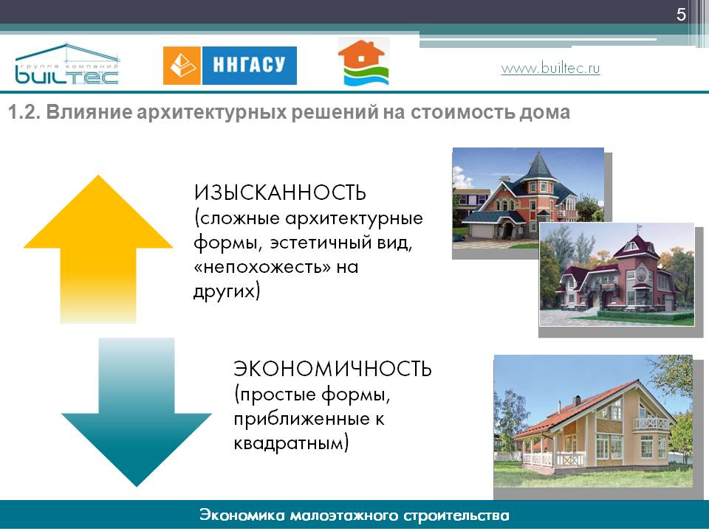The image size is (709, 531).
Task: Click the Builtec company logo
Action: (x=67, y=64)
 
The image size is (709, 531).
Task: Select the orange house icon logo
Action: (x=363, y=62)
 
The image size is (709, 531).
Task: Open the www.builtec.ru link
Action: (x=550, y=68)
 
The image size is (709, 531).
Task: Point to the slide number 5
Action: (x=681, y=15)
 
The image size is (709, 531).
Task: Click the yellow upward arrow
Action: (x=98, y=249)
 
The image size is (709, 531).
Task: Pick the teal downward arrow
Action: (x=137, y=412)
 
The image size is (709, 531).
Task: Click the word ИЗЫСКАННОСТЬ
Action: (x=280, y=192)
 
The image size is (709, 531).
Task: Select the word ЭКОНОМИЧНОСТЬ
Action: (x=332, y=369)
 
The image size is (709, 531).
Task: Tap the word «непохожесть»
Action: (x=262, y=267)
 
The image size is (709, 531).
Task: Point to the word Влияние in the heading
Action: (x=89, y=112)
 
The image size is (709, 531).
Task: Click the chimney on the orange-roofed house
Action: (x=578, y=400)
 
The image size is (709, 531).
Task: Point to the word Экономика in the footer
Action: (x=241, y=516)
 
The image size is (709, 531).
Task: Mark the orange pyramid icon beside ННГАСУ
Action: (x=182, y=66)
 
